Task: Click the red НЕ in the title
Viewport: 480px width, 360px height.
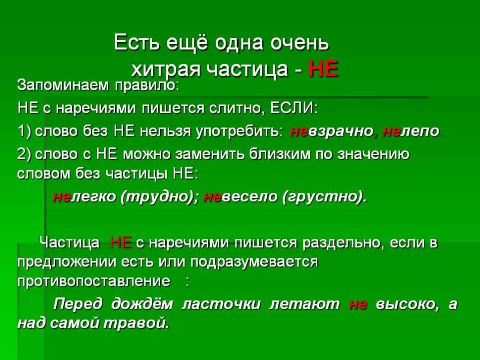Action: pos(323,69)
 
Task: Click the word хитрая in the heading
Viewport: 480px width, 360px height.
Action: pos(166,69)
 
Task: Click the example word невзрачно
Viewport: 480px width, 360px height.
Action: pos(331,131)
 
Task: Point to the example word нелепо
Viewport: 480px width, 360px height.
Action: pos(411,131)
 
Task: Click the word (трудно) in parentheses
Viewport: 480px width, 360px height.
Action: pos(160,197)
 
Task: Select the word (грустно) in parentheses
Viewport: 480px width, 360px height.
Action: pos(324,197)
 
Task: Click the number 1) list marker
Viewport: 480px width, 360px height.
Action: pos(24,131)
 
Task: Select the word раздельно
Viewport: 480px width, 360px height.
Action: pos(343,243)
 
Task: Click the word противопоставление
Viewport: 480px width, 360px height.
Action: pos(93,281)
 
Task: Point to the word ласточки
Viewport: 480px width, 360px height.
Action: pos(221,304)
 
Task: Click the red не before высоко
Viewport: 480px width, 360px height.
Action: pos(358,304)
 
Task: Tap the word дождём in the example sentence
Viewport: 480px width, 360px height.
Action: pos(142,304)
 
